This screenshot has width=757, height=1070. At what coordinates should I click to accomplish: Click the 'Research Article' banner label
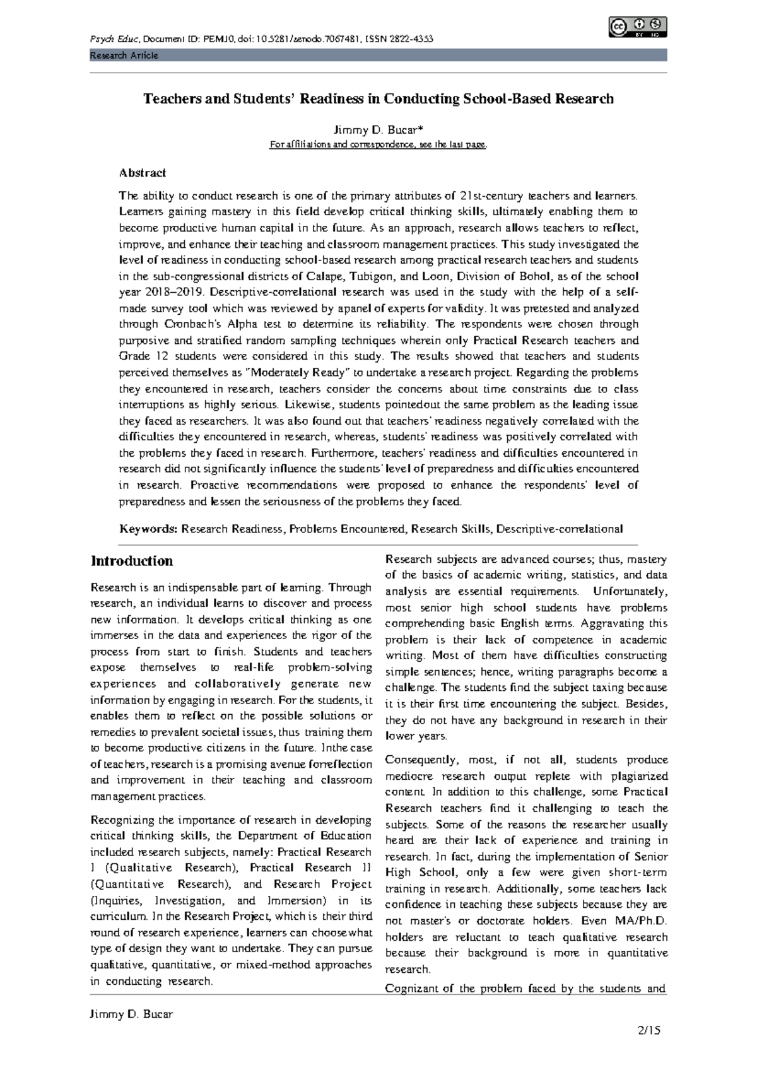pos(124,56)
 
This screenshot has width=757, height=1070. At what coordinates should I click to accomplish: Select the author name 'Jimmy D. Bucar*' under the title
pos(378,131)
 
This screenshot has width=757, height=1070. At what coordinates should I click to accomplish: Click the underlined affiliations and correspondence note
pos(378,145)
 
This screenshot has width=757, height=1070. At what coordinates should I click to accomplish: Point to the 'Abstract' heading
pos(143,172)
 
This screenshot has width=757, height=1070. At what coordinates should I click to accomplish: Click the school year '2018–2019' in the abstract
pos(172,293)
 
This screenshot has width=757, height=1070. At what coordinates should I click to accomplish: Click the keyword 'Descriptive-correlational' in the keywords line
pos(560,529)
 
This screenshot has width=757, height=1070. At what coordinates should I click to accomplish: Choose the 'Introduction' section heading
pos(132,561)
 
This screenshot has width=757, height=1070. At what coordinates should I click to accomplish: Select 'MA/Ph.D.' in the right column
pos(639,920)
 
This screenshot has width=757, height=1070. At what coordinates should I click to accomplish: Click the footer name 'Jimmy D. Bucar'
pos(132,1014)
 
